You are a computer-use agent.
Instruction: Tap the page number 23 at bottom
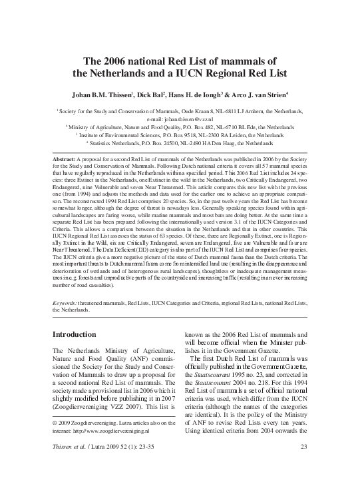(x=304, y=483)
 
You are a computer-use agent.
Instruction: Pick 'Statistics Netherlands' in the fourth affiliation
(x=119, y=142)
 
